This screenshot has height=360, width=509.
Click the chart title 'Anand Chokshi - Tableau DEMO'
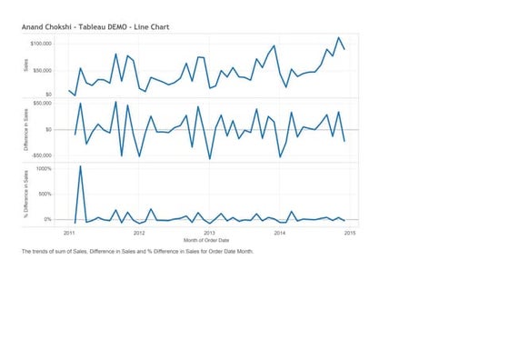pos(95,28)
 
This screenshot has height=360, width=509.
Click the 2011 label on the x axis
pos(68,233)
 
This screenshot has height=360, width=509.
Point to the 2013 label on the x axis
pos(209,233)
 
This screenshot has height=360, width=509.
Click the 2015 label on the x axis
pos(350,233)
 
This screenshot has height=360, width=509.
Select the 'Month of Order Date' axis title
pos(208,240)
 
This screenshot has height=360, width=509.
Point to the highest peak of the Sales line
pos(338,38)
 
